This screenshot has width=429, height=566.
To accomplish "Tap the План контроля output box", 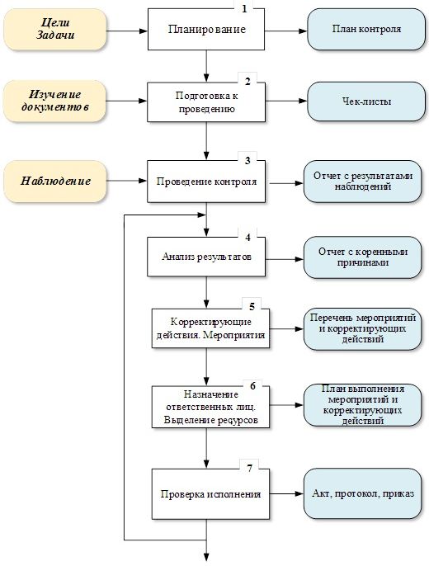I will click(366, 30).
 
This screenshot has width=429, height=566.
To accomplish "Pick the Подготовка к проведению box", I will click(209, 102).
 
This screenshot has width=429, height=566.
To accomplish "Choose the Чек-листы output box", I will click(366, 101).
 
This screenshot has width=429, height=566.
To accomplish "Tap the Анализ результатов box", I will click(207, 257).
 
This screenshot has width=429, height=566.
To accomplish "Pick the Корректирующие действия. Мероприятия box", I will click(211, 328).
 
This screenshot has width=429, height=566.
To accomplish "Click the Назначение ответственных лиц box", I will click(211, 407).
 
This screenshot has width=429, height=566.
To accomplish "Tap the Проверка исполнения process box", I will click(211, 494).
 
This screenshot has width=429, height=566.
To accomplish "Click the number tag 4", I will click(248, 235).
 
